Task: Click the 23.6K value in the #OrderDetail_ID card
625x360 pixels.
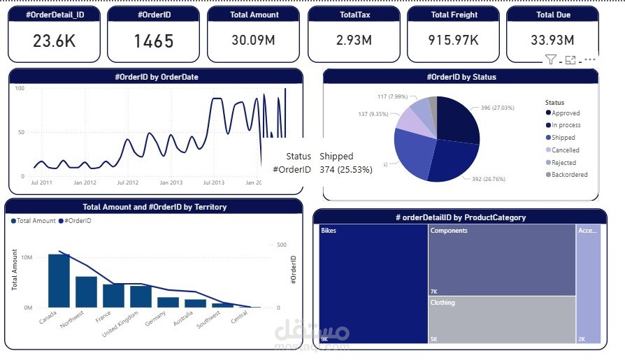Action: coord(54,41)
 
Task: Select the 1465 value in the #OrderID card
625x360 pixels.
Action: coord(153,41)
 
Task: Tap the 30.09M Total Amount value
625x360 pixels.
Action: coord(253,41)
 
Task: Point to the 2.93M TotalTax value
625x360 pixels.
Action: coord(353,41)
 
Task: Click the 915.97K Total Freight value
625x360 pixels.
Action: coord(453,41)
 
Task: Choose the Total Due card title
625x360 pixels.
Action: coord(553,15)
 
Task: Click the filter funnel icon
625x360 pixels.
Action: coord(550,60)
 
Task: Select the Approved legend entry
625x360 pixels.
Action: coord(566,113)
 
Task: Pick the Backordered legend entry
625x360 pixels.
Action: coord(569,175)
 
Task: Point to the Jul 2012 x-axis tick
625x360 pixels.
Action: coord(128,182)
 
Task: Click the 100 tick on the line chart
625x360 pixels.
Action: coord(20,88)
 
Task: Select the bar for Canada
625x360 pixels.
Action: coord(59,280)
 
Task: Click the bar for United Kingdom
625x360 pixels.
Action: coord(141,296)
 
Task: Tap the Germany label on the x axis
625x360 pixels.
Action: coord(155,319)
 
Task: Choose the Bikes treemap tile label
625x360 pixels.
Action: coord(329,230)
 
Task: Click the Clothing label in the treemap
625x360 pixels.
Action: coord(443,303)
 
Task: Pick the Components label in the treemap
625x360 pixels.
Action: coord(449,230)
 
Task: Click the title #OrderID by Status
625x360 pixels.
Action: coord(461,77)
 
